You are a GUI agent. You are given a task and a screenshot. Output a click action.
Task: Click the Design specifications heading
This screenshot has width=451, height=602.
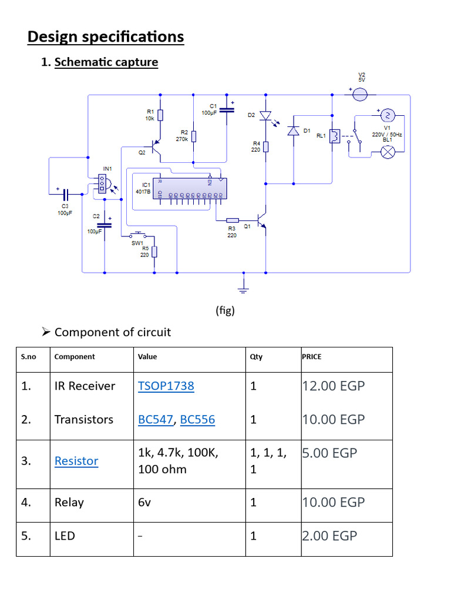click(x=106, y=37)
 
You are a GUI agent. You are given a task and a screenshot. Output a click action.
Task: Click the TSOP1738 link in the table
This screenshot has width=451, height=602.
click(x=166, y=386)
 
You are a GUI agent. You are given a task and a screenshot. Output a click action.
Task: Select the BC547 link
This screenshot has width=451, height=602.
click(x=156, y=420)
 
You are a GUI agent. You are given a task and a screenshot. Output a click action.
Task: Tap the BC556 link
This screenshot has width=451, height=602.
click(x=197, y=420)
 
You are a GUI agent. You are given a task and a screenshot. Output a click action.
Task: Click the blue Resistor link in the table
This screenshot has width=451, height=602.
click(x=76, y=461)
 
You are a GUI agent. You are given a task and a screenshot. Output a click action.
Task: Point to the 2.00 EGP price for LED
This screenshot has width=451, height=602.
click(x=329, y=536)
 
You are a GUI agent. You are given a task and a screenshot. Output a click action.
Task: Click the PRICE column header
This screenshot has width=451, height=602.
click(x=311, y=357)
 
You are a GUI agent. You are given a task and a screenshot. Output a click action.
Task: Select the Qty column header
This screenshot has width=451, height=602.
click(x=256, y=357)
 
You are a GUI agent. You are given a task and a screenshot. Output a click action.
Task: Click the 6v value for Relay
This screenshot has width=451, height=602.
click(x=145, y=503)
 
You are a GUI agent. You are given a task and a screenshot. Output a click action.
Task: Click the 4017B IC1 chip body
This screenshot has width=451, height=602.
click(x=188, y=188)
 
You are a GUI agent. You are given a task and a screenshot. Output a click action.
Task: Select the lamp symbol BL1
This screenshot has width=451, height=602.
click(x=388, y=152)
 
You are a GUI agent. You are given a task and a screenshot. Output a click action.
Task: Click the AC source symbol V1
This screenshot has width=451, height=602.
click(x=388, y=115)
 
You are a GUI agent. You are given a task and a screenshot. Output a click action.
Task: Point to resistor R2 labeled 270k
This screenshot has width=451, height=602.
click(x=194, y=137)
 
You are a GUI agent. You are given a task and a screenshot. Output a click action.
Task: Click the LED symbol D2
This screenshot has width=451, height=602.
click(x=265, y=116)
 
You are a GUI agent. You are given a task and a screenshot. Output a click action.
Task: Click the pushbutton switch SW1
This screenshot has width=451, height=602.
click(x=138, y=235)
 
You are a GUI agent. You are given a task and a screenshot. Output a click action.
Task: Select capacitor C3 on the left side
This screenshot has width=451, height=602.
click(x=66, y=193)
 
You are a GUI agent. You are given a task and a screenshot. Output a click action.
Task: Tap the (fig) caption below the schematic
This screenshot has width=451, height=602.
click(x=225, y=311)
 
